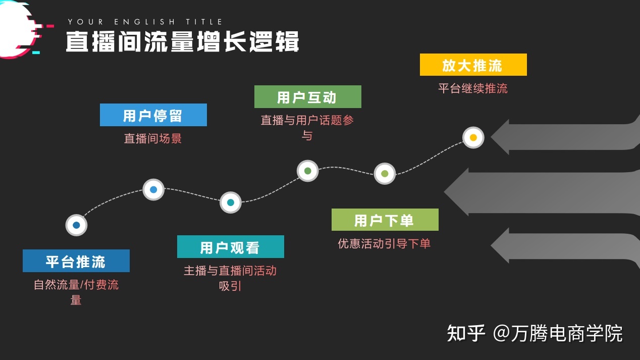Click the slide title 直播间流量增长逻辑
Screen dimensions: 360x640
(x=182, y=41)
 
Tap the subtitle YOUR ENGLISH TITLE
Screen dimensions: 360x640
(x=145, y=22)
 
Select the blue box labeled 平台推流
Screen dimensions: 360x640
(x=76, y=261)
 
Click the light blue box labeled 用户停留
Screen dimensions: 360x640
(x=153, y=115)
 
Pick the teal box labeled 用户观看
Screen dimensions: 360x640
(x=231, y=247)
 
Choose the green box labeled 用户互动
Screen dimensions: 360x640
(x=307, y=97)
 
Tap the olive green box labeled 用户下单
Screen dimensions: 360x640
(x=385, y=220)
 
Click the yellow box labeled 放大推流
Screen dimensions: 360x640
(x=473, y=65)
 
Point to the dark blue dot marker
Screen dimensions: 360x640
(x=76, y=225)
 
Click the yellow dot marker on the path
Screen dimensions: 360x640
(x=473, y=137)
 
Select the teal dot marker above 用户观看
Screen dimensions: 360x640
(x=231, y=202)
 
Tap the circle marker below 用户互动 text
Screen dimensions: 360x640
(x=307, y=171)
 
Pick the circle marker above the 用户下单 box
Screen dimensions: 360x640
(x=385, y=174)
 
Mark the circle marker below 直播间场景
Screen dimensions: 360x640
(x=153, y=190)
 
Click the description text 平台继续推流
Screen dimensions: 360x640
(x=473, y=88)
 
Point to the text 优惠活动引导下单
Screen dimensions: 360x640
(x=384, y=243)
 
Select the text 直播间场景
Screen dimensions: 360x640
(x=153, y=138)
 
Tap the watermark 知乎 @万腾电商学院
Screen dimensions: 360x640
(x=535, y=334)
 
